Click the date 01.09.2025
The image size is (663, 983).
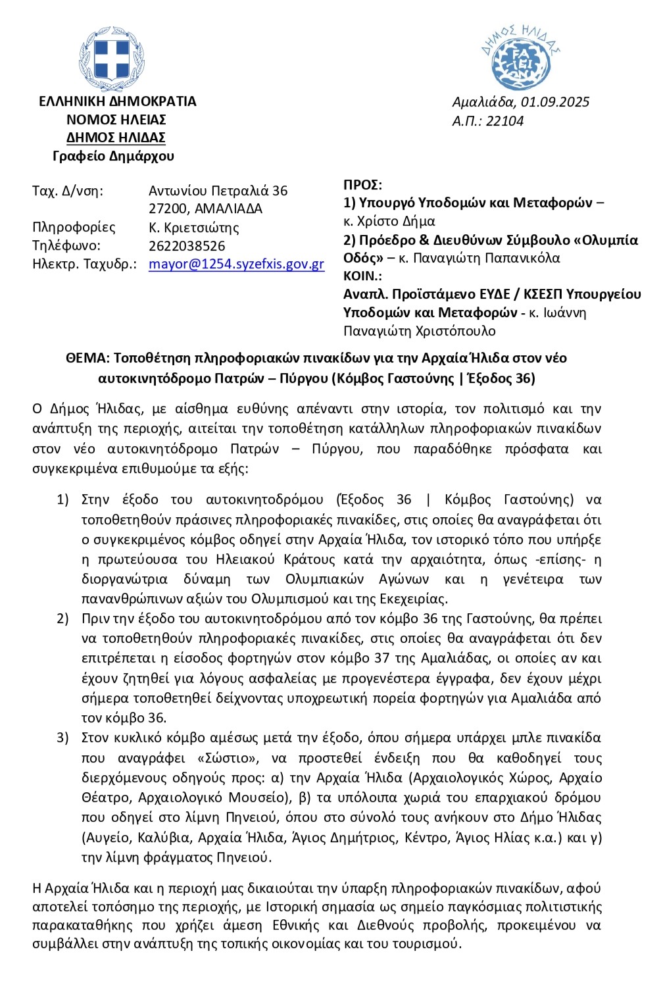pos(554,102)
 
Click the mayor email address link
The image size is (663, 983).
pos(236,265)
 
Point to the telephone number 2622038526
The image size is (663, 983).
pos(187,246)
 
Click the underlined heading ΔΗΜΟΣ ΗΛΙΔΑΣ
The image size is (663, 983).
pos(116,138)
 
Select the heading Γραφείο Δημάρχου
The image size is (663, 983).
pos(114,156)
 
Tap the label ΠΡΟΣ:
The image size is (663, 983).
pos(362,185)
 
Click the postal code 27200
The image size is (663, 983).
pos(169,209)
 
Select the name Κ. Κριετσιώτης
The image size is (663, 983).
pos(194,228)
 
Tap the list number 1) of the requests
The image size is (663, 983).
pos(62,500)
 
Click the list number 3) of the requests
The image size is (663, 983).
pos(62,738)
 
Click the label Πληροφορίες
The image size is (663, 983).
pos(74,228)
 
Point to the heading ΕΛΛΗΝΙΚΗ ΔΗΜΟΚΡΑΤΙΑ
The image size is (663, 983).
pos(117,101)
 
